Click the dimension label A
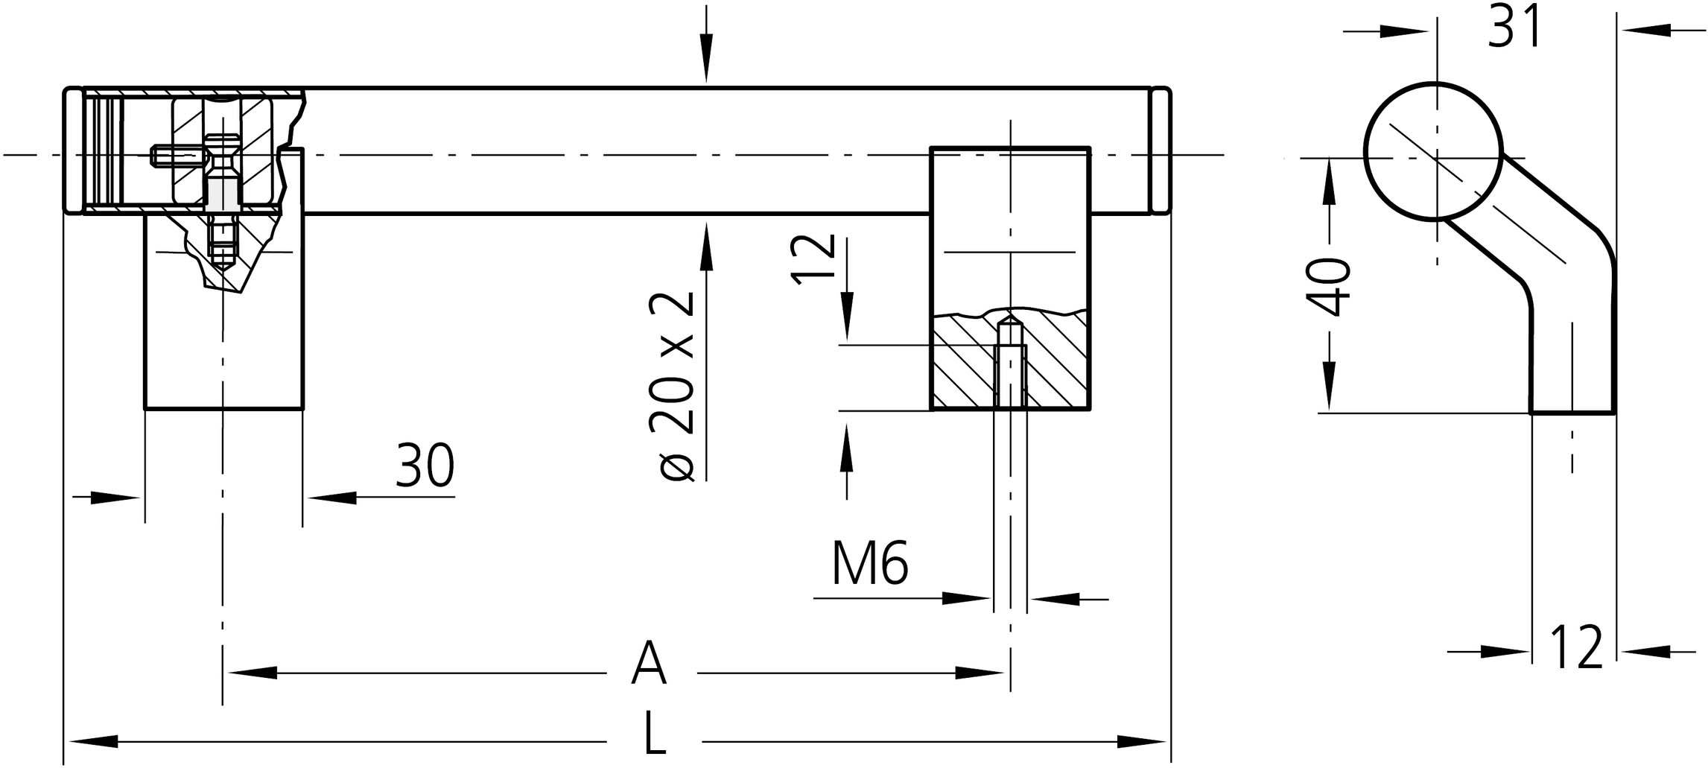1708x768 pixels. (x=649, y=663)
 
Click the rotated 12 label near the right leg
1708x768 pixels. (x=813, y=259)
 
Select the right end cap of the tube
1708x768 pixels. (x=1161, y=151)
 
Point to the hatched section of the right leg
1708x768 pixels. (x=1010, y=360)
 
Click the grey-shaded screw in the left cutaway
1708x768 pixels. (x=220, y=194)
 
